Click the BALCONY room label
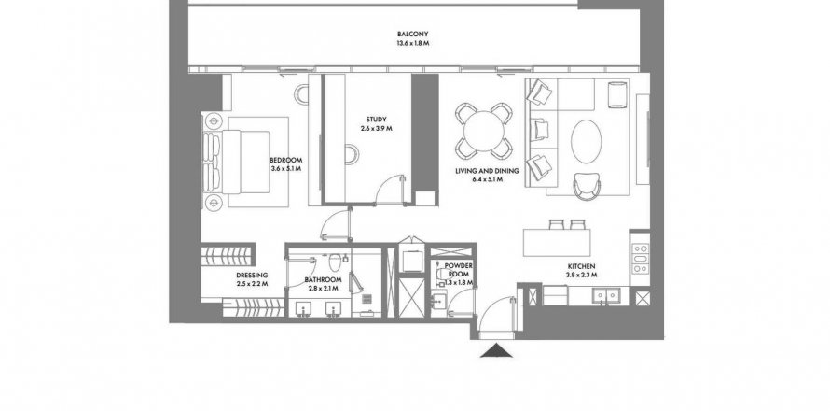[412, 34]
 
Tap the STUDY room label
[376, 120]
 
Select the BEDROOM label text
[286, 160]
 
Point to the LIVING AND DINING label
[487, 171]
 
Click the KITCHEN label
[582, 266]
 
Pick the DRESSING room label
[252, 276]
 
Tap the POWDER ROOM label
[458, 269]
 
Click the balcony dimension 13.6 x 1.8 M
[412, 44]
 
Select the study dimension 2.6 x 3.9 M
[376, 128]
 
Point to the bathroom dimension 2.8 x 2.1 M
[323, 289]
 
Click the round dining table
[484, 131]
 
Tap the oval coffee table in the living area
[586, 142]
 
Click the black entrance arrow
[496, 350]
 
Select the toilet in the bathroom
[335, 262]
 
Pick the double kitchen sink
[606, 295]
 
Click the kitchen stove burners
[640, 258]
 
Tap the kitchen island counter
[557, 242]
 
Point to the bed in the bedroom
[244, 162]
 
